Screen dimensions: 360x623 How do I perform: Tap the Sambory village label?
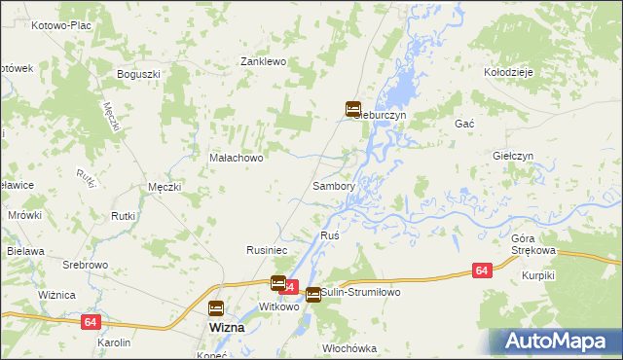332,185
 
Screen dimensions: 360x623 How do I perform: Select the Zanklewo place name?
262,61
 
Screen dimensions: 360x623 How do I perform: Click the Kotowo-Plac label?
61,25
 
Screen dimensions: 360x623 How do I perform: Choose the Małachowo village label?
237,158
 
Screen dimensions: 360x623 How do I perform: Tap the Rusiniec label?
265,250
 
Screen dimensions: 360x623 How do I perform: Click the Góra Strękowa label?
532,244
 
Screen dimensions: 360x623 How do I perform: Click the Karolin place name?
114,343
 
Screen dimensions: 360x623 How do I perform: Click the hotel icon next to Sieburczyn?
353,109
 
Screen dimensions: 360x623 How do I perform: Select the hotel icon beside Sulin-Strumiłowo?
312,295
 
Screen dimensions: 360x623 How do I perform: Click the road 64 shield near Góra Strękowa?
482,270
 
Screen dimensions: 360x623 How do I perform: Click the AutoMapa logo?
557,341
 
